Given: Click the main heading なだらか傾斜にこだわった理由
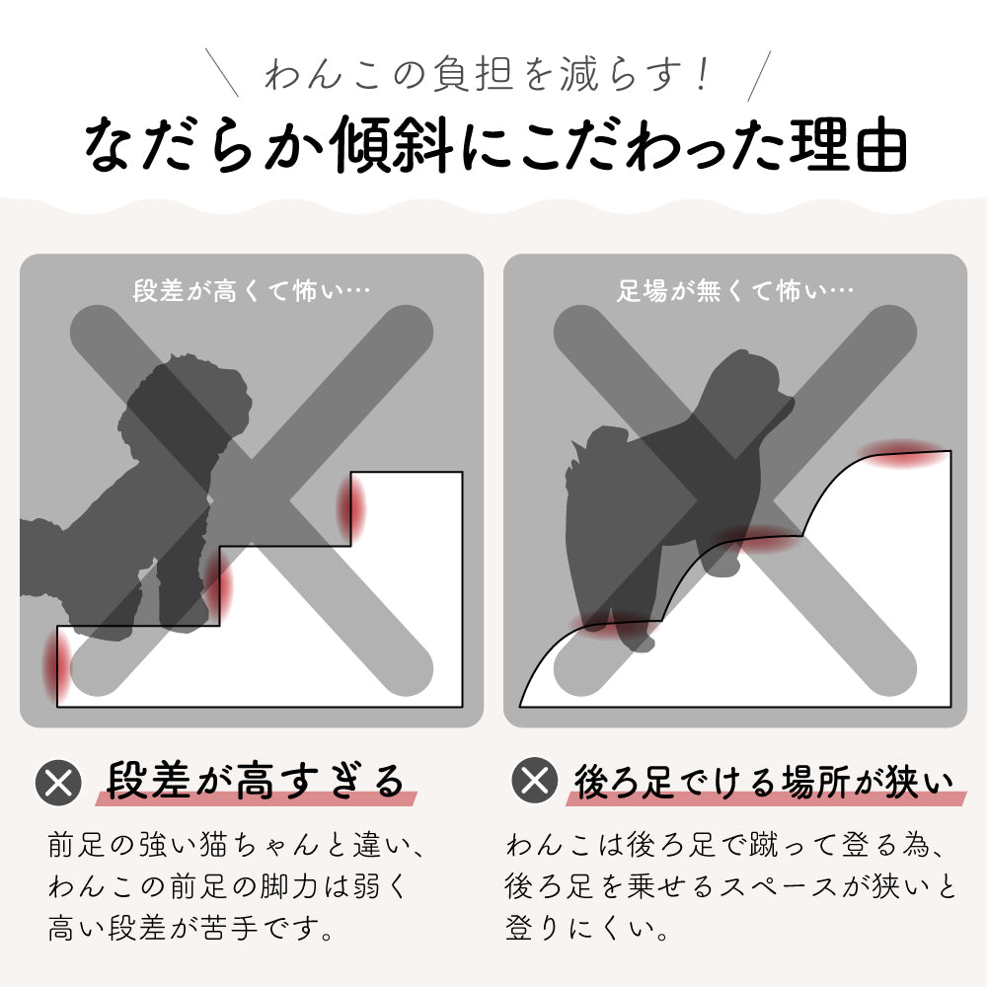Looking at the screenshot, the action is [x=495, y=144].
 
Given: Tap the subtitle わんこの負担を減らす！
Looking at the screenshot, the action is [x=488, y=74].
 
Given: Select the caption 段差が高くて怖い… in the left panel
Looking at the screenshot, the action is [x=251, y=291].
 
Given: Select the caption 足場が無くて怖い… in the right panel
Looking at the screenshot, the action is [x=734, y=291].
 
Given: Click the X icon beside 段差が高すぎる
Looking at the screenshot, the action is [x=58, y=783].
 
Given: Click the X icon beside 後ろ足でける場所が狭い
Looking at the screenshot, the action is [x=534, y=781].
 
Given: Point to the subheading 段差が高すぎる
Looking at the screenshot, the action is [x=255, y=781].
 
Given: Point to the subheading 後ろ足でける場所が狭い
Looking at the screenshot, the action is [x=764, y=781].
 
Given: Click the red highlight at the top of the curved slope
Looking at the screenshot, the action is [x=904, y=453].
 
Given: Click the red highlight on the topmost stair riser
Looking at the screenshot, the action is [x=351, y=507].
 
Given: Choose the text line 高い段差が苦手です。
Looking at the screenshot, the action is [x=190, y=928].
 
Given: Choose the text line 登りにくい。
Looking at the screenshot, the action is [x=586, y=928].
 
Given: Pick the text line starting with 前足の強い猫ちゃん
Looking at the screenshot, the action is [x=237, y=844].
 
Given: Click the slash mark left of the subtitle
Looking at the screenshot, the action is [x=222, y=73].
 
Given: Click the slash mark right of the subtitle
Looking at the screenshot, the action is [x=759, y=76].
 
